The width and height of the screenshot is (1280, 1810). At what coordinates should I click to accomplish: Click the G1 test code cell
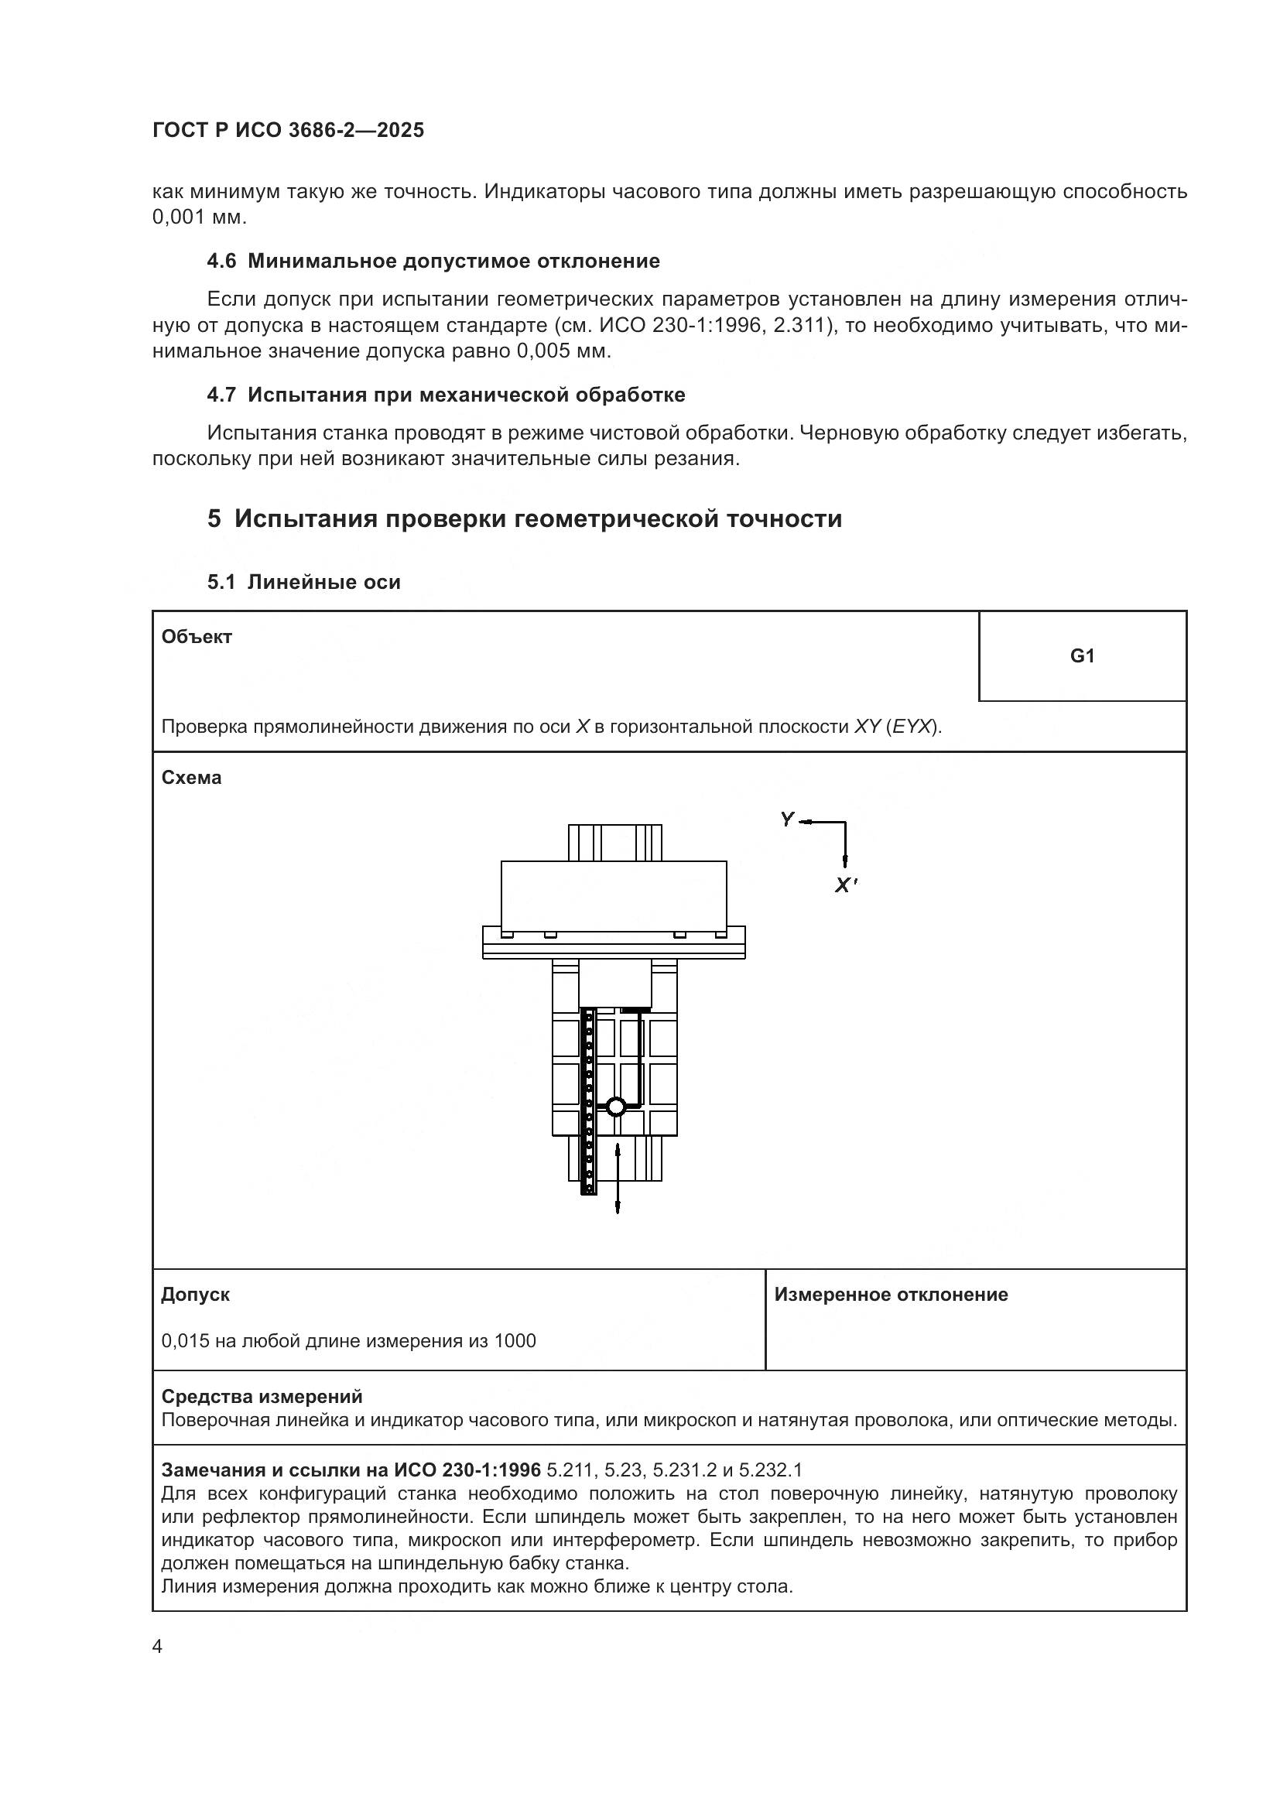pos(1081,656)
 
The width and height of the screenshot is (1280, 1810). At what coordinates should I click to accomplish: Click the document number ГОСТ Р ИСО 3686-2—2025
pos(288,130)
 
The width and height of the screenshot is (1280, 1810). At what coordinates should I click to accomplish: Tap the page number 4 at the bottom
pos(157,1647)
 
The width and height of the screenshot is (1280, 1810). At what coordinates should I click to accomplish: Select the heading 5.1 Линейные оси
pos(303,582)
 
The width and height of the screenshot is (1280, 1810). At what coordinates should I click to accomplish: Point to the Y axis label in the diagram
pos(786,819)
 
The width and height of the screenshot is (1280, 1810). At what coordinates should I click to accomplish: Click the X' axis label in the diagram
pos(846,884)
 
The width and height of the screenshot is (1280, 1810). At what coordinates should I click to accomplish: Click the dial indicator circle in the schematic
pos(615,1107)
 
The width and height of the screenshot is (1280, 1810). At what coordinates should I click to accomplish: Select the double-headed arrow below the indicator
pos(617,1178)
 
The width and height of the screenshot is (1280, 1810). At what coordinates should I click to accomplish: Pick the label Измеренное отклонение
pos(891,1295)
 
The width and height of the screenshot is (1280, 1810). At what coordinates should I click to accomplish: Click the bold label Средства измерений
pos(262,1397)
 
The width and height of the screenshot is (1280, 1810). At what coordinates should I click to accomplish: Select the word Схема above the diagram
pos(191,777)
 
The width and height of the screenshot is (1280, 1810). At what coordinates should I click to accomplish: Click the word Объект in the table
pos(197,637)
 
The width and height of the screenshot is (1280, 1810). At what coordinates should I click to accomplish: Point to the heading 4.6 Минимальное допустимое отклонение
pos(433,261)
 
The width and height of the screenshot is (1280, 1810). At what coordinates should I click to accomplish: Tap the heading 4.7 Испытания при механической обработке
pos(446,395)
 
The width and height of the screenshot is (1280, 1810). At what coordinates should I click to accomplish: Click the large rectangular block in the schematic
pos(613,895)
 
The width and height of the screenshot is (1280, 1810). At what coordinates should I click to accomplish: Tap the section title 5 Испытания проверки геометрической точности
pos(525,518)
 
